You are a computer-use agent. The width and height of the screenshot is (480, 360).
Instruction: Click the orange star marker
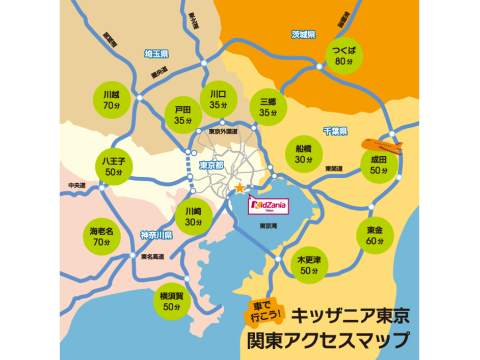(x=239, y=189)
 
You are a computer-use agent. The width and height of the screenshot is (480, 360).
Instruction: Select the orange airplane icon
(x=382, y=146)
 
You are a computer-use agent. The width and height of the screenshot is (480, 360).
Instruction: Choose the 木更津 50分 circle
(x=309, y=264)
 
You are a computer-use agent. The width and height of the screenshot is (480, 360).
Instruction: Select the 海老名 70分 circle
(x=101, y=236)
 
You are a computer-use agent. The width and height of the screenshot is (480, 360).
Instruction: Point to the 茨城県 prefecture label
(x=303, y=35)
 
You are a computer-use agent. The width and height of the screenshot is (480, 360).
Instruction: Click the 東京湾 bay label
(x=269, y=226)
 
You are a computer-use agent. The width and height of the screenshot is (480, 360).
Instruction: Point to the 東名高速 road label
(x=153, y=257)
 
